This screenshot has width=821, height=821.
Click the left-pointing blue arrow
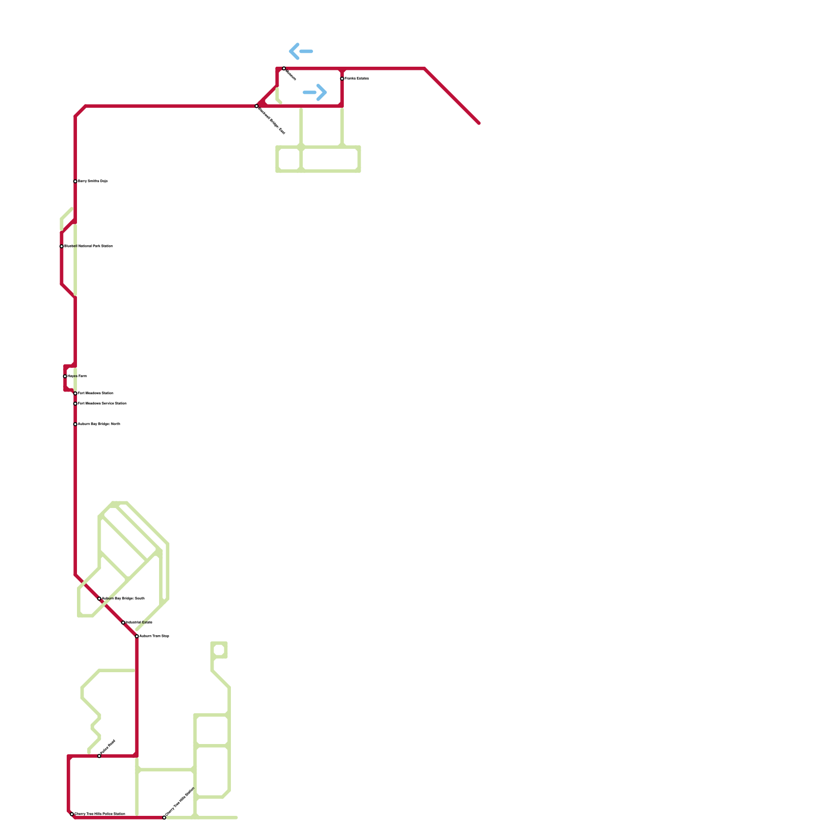tap(301, 51)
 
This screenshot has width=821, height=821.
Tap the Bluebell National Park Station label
tap(88, 246)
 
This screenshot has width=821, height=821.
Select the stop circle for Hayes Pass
tap(65, 376)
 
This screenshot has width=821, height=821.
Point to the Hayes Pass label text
tap(77, 376)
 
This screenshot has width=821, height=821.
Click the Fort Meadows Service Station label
tap(102, 404)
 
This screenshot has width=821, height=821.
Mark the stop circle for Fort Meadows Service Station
tap(75, 404)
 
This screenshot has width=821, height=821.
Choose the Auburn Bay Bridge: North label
tap(99, 424)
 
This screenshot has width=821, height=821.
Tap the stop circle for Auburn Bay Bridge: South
tap(100, 599)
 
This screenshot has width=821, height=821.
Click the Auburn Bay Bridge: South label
tap(123, 598)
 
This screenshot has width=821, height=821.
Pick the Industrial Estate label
tap(139, 622)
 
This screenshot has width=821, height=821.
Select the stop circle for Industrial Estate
tap(123, 622)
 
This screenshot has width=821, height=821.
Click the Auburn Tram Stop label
tap(154, 636)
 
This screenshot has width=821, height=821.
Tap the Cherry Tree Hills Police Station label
tap(100, 814)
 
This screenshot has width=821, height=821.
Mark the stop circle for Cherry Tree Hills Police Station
tap(72, 814)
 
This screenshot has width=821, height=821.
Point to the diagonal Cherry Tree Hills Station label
tap(180, 802)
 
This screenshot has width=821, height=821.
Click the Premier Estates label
tap(357, 79)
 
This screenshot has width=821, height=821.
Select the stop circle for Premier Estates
tap(342, 79)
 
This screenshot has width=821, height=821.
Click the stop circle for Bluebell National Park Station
tap(62, 246)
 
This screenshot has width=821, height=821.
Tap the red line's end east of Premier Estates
tap(479, 123)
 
